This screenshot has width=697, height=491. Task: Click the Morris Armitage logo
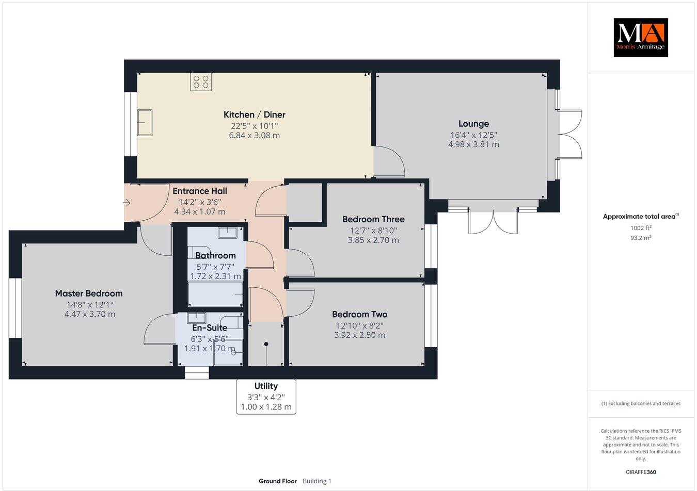641,37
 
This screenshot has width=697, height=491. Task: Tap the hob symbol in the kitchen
201,81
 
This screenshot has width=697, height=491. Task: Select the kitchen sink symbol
145,122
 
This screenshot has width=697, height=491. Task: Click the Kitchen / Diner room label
254,114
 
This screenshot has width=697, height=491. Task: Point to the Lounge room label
473,124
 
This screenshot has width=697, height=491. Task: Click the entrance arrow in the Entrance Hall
126,203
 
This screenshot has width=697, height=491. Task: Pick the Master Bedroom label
89,293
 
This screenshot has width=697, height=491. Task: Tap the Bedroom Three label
373,219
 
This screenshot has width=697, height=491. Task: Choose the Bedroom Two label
360,314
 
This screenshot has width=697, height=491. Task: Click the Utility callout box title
266,386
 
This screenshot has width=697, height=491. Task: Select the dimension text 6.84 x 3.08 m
254,135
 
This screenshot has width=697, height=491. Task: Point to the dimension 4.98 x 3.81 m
473,144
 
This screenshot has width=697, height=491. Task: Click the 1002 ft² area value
641,228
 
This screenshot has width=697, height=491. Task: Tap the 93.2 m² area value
641,238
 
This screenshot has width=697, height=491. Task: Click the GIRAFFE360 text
641,472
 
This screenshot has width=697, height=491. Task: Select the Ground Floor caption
278,481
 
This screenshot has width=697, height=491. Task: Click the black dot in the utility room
266,344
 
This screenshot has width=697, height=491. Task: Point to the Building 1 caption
317,481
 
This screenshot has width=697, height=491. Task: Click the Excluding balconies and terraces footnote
641,403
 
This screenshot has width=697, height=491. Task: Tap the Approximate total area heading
641,216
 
